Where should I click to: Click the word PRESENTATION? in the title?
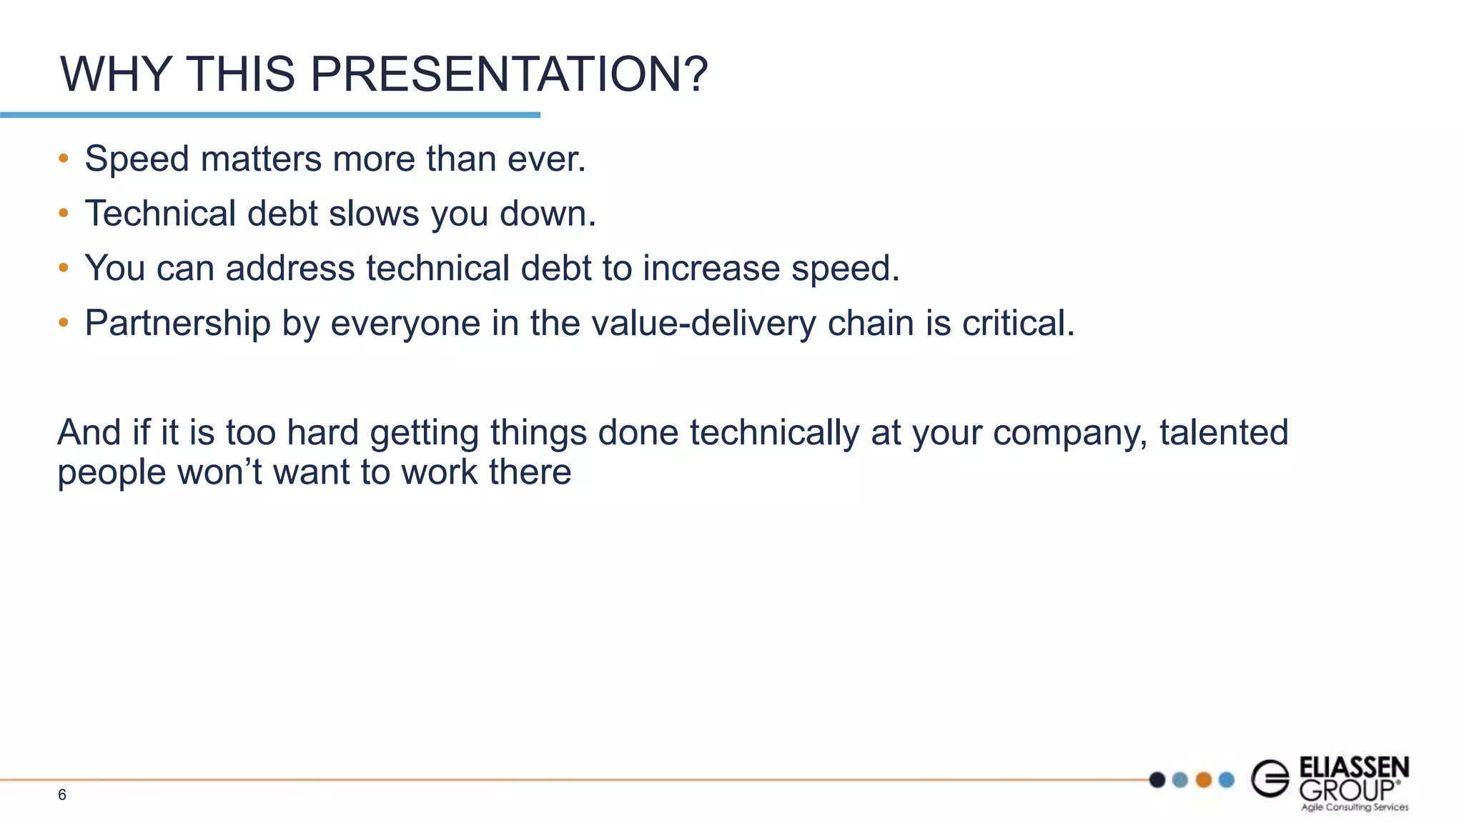pos(508,74)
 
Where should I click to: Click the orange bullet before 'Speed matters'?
pos(64,159)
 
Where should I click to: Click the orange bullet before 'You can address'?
pos(64,268)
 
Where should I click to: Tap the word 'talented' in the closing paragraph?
pos(1223,432)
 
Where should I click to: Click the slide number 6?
pos(62,795)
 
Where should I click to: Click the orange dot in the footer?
pos(1204,779)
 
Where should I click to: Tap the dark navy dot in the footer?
pos(1157,779)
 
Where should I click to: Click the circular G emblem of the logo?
pos(1270,778)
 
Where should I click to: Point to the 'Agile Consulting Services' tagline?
pos(1354,807)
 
